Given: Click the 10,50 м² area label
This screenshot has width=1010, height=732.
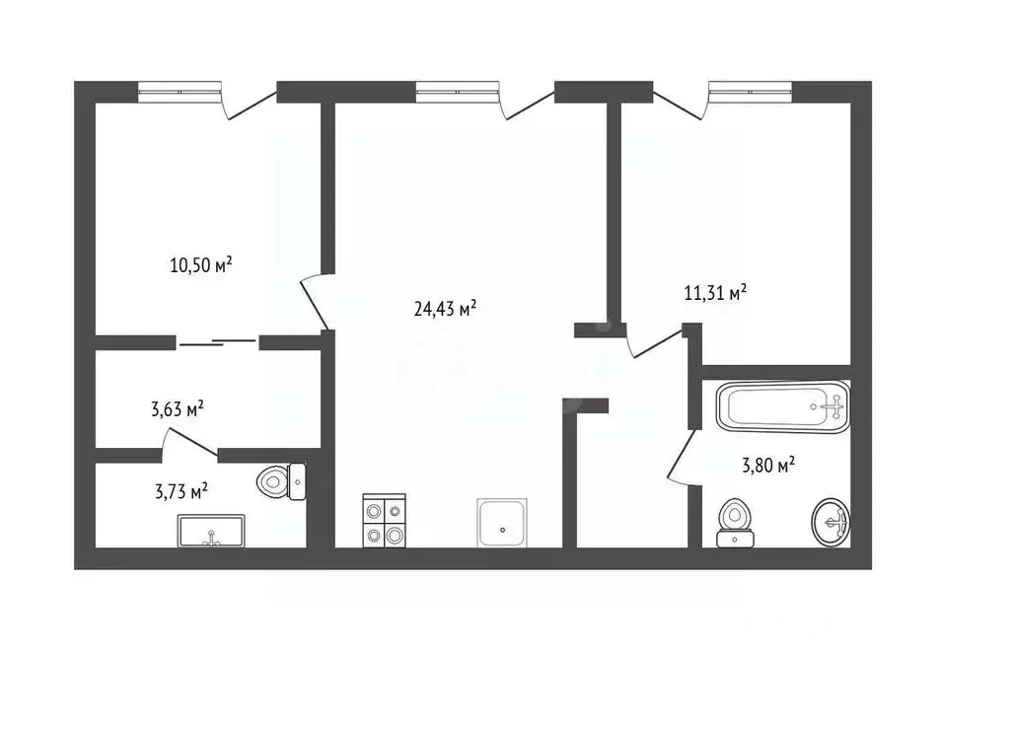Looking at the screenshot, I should click(x=200, y=264).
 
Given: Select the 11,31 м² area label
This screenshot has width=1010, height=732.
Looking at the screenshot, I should click(x=715, y=292).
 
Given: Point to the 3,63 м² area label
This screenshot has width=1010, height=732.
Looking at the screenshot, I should click(x=178, y=408).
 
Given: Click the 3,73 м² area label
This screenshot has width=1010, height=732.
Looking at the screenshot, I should click(x=181, y=490).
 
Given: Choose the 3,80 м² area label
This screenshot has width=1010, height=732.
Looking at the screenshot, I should click(x=768, y=465).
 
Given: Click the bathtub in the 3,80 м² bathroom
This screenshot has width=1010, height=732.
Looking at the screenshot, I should click(x=782, y=406).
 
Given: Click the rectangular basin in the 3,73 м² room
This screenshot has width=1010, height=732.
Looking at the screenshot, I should click(x=211, y=531).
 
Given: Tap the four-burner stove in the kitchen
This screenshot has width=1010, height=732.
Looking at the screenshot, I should click(x=384, y=521).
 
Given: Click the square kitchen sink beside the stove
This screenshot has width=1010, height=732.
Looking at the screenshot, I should click(x=502, y=522).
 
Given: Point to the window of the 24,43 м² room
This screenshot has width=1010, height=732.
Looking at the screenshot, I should click(x=459, y=93).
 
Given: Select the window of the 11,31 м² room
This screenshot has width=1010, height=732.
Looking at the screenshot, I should click(x=751, y=93).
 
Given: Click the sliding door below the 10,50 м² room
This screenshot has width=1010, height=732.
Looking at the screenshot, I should click(x=217, y=342).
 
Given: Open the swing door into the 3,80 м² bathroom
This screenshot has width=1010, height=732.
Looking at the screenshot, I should click(x=681, y=456).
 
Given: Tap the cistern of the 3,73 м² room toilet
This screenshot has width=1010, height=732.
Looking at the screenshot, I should click(x=296, y=481).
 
